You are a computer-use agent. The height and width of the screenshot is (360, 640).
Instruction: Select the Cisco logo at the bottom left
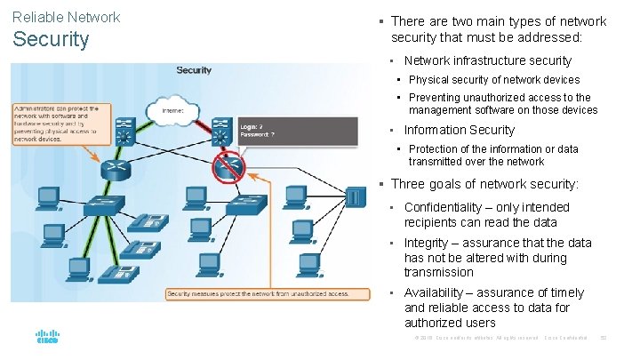(x=47, y=337)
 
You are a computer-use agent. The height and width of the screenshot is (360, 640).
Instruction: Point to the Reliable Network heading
(x=67, y=17)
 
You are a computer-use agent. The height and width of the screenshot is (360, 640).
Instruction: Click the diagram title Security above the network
(x=194, y=70)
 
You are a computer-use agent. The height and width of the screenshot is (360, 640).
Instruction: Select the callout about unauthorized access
(x=256, y=293)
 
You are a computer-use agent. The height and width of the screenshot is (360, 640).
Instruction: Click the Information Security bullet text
(x=459, y=130)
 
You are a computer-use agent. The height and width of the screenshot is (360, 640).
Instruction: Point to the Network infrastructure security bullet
(x=487, y=60)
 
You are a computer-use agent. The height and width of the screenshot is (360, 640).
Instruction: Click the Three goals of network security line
(x=484, y=184)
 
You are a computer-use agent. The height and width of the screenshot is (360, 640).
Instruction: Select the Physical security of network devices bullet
(x=493, y=80)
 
